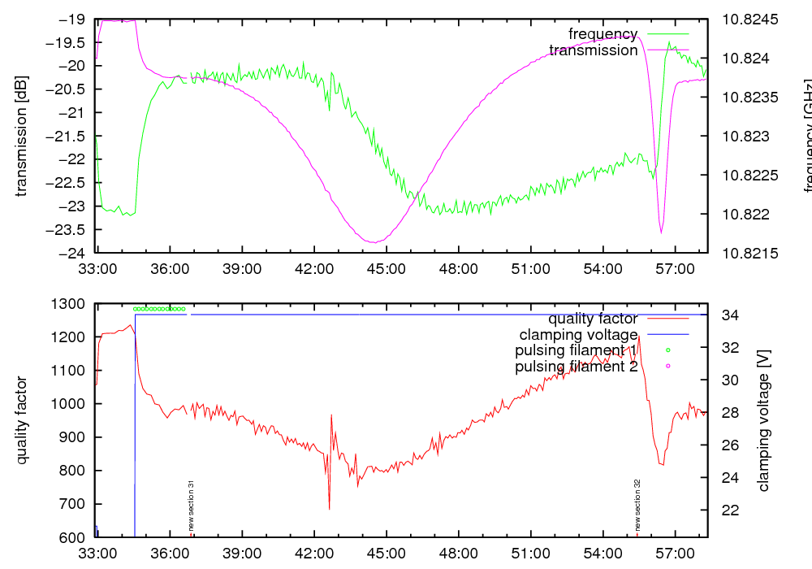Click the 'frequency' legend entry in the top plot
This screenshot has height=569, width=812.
(x=603, y=34)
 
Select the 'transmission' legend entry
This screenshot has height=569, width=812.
(x=593, y=50)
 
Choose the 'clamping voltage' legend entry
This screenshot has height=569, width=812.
(x=578, y=334)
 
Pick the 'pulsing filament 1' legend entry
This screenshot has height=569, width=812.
(x=574, y=350)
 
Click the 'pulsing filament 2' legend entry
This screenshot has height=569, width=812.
(x=574, y=367)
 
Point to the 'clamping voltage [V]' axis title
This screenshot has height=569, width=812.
(x=763, y=420)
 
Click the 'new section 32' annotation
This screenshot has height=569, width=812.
(x=637, y=504)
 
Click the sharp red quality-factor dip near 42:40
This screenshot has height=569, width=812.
(x=329, y=509)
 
